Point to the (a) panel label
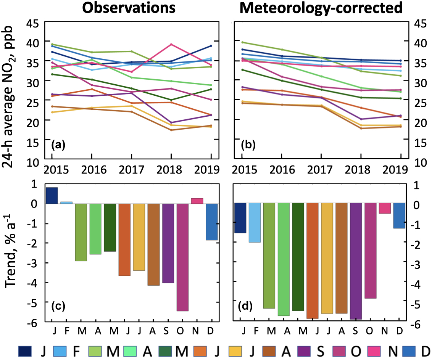tap(58, 145)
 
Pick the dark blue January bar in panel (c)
tap(52, 196)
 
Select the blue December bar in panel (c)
tap(212, 222)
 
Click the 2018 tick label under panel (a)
tap(171, 169)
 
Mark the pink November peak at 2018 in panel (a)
tap(171, 44)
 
